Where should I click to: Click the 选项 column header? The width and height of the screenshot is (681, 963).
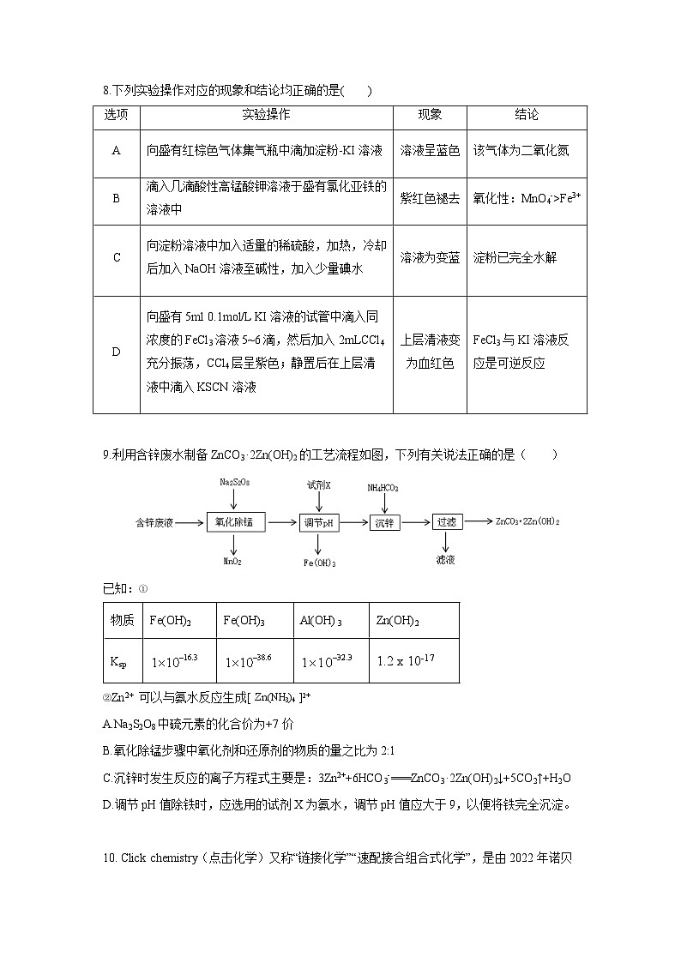point(116,115)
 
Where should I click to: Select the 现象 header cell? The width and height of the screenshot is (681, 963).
point(430,115)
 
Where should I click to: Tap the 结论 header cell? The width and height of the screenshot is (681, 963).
point(527,115)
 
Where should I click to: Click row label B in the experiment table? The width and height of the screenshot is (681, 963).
point(116,198)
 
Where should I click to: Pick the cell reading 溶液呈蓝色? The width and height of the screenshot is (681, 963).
point(430,150)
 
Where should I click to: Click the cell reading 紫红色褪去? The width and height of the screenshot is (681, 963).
point(430,198)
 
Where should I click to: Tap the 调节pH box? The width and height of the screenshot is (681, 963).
point(318,522)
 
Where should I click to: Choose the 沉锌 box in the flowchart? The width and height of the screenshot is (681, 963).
point(383,522)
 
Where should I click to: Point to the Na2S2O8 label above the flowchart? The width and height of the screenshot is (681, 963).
point(234,484)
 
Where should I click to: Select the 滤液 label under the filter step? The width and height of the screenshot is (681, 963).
point(445,559)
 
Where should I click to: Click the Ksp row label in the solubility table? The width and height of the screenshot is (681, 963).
point(118,662)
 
